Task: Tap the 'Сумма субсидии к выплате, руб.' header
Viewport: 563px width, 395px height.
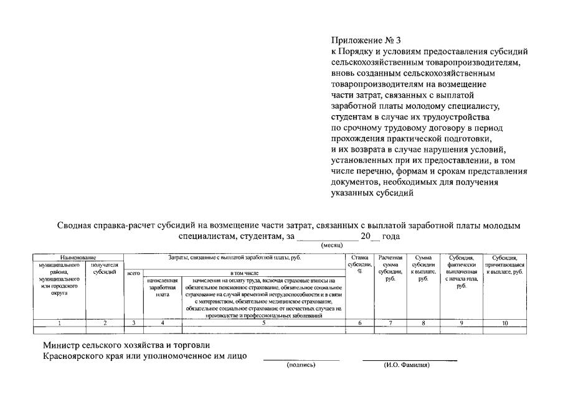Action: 423,268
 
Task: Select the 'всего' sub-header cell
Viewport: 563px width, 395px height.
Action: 133,272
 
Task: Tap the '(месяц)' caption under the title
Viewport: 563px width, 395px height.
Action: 333,246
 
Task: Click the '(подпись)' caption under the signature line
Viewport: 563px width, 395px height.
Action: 301,365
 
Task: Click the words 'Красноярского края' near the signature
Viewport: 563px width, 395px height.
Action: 82,356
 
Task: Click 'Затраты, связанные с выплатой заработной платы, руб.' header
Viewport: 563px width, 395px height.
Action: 234,257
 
